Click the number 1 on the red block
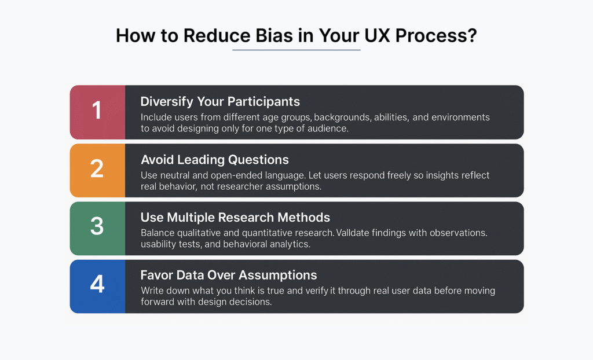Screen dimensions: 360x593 coord(97,111)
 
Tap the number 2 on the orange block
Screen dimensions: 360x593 coord(97,169)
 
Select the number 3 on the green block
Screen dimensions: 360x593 coord(97,227)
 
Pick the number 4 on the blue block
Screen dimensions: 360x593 coord(97,285)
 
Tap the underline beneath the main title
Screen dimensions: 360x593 coord(296,50)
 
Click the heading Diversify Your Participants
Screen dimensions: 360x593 coord(220,102)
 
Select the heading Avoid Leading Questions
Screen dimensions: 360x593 coord(214,160)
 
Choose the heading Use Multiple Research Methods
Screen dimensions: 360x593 coord(235,218)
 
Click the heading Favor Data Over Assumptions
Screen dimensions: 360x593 coord(228,276)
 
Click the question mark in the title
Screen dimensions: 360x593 coord(472,35)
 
